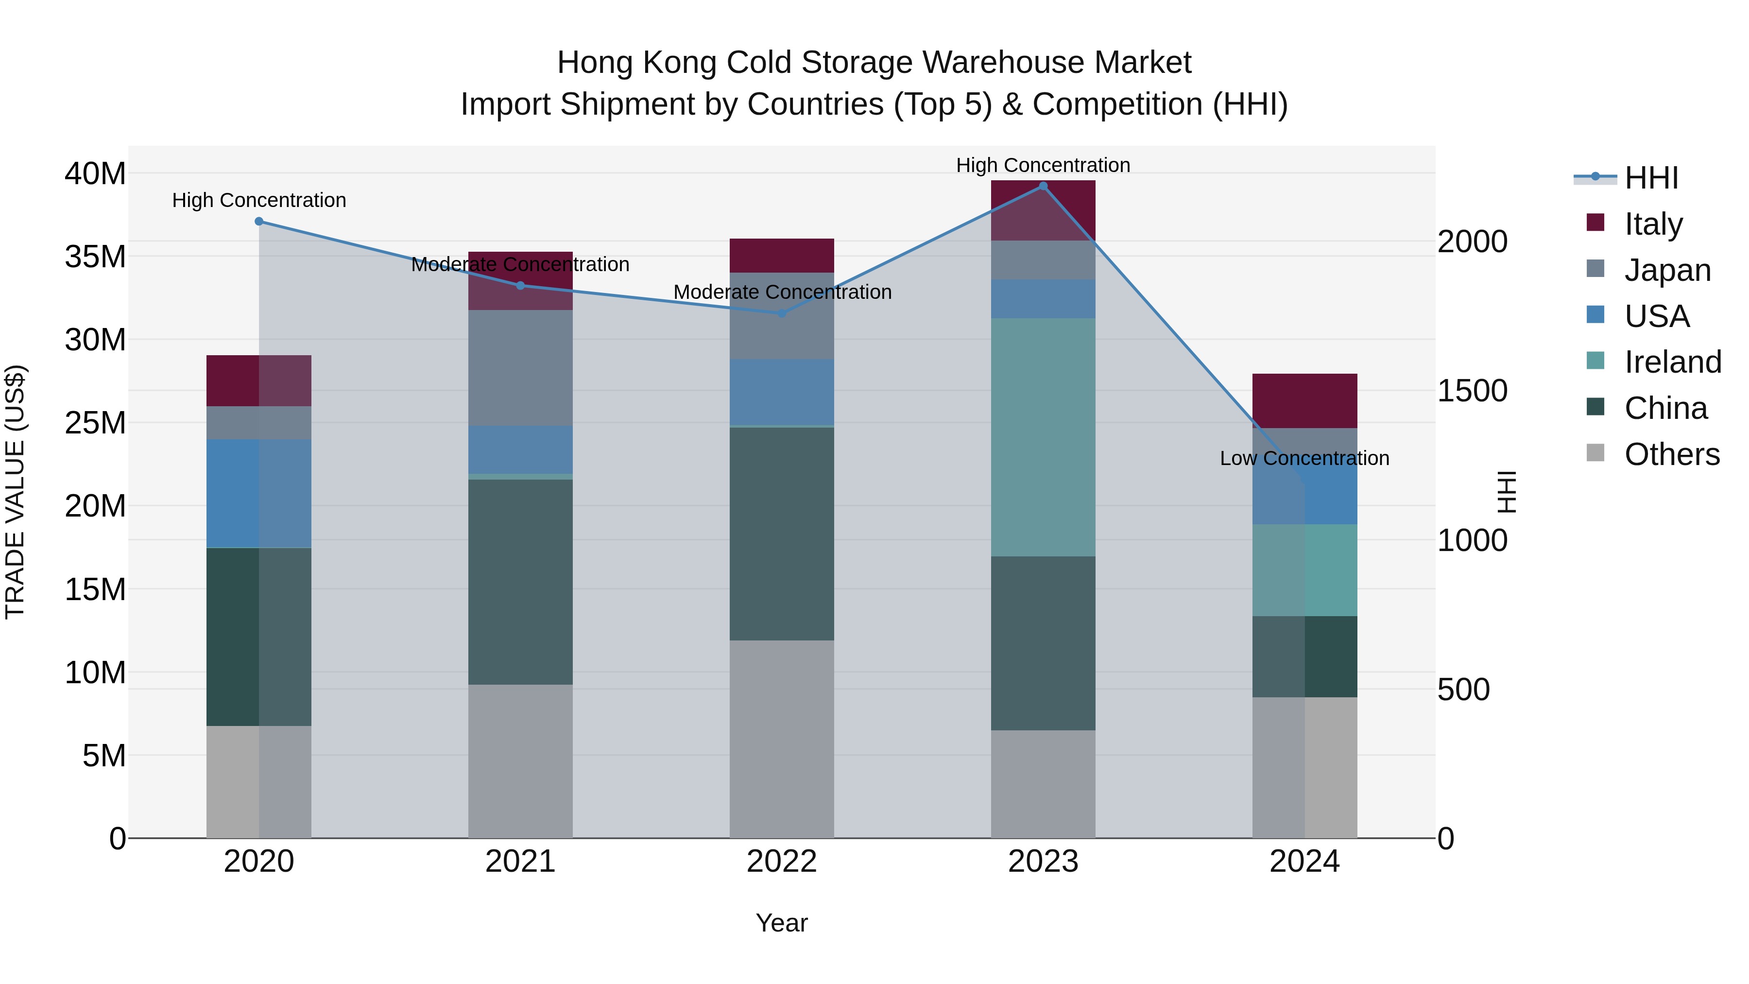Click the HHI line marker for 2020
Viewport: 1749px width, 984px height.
pyautogui.click(x=258, y=222)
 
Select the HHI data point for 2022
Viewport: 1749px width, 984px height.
pyautogui.click(x=782, y=313)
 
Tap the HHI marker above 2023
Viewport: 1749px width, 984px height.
pyautogui.click(x=1043, y=186)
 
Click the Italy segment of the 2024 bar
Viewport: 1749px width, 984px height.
pyautogui.click(x=1304, y=401)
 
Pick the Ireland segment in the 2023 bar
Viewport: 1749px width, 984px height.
pyautogui.click(x=1043, y=437)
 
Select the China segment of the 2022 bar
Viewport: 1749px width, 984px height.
pyautogui.click(x=782, y=534)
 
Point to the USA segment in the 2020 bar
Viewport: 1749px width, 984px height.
pyautogui.click(x=258, y=493)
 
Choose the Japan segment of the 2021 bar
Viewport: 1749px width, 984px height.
pyautogui.click(x=520, y=368)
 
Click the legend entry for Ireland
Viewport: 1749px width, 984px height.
pyautogui.click(x=1672, y=362)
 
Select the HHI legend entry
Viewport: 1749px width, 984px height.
pyautogui.click(x=1650, y=178)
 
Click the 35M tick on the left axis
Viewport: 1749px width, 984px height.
pyautogui.click(x=95, y=257)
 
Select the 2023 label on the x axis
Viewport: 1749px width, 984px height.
pyautogui.click(x=1043, y=862)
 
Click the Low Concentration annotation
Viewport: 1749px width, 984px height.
pyautogui.click(x=1304, y=458)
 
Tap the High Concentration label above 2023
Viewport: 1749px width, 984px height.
pyautogui.click(x=1043, y=165)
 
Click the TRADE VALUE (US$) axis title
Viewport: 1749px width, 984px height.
pyautogui.click(x=15, y=492)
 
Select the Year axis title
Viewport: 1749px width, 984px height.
pyautogui.click(x=782, y=923)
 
